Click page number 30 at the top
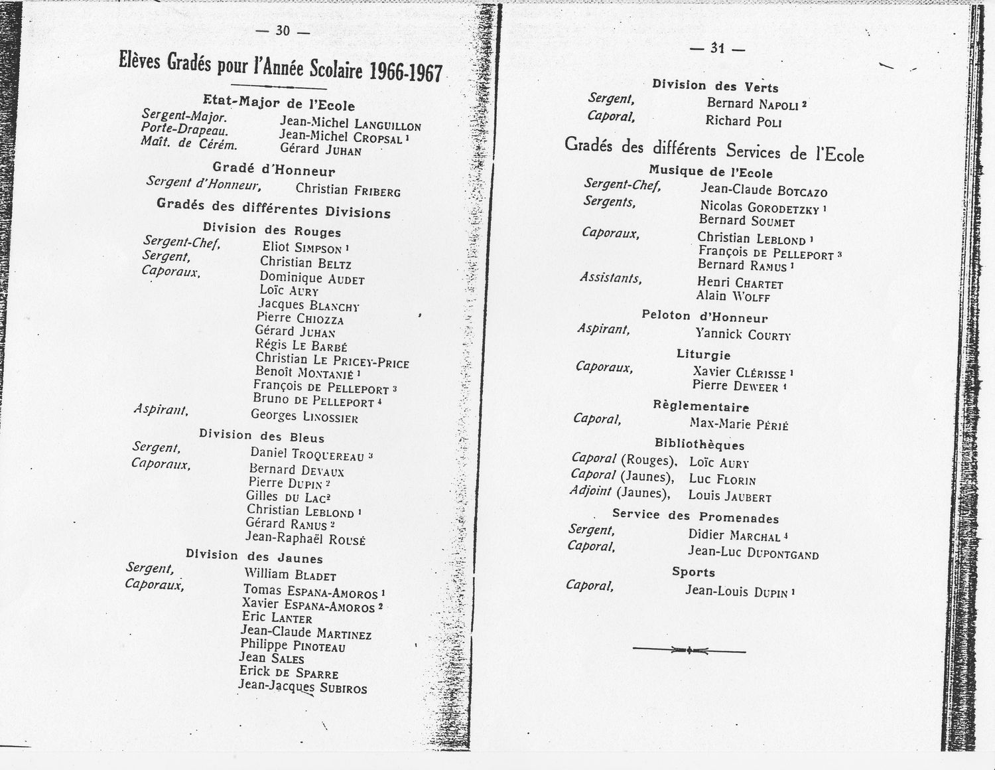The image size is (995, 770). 283,31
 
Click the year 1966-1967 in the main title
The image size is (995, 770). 406,72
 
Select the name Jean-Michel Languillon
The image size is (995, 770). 350,123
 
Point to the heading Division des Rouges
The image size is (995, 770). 272,230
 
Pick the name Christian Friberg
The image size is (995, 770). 348,190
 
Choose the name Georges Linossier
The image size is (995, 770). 304,416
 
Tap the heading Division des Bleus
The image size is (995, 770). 262,436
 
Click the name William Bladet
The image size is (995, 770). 290,575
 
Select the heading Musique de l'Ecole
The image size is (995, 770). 710,173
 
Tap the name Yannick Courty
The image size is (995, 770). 742,334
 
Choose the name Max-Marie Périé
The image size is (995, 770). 738,423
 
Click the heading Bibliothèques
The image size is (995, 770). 699,445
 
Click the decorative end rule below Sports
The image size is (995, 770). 689,650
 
